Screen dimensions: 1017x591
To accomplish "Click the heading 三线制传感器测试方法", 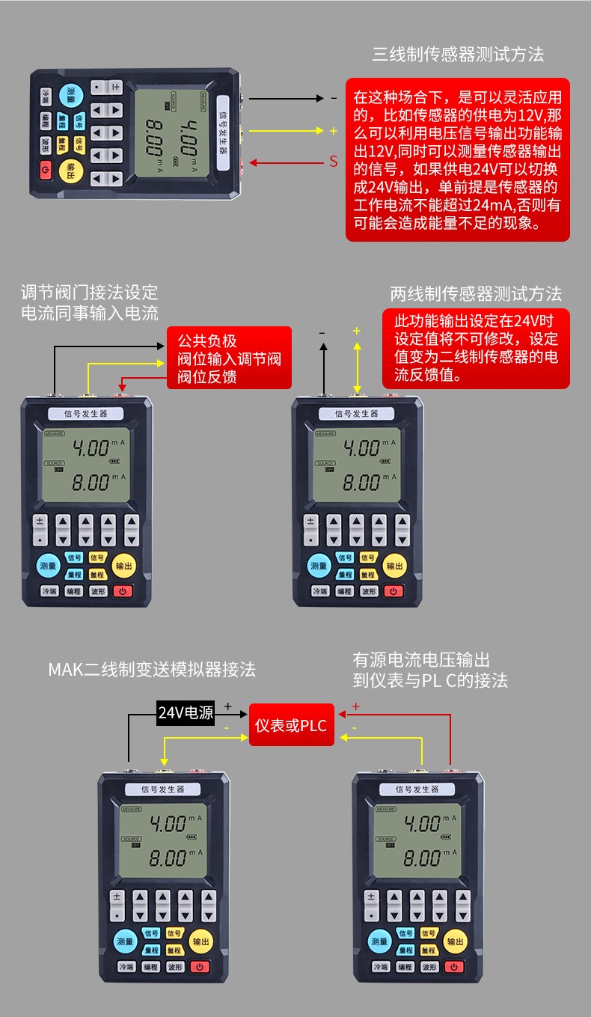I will point(458,55).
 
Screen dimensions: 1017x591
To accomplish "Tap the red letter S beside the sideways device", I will point(334,162).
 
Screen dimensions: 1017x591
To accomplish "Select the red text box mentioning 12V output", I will point(457,160).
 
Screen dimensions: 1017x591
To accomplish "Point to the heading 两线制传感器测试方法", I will point(475,294).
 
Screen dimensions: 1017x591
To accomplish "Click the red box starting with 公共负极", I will point(229,358).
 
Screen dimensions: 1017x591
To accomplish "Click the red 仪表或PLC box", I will point(291,725).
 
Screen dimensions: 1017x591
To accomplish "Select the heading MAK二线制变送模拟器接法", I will point(152,669).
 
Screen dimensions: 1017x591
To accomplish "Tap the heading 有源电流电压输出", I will point(421,659).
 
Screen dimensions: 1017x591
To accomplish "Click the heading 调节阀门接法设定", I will point(89,292).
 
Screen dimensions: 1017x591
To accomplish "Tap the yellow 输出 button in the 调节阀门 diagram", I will point(123,566).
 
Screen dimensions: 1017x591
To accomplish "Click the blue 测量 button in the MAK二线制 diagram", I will point(124,941).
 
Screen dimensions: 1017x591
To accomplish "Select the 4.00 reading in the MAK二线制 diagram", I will point(168,824).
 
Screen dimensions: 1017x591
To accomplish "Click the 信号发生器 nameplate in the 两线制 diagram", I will point(357,414).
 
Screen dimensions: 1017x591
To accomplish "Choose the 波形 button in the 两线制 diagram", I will point(368,591).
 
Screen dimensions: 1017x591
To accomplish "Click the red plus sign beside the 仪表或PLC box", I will point(355,706).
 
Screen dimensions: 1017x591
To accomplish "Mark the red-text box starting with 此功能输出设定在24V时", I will point(476,348).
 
